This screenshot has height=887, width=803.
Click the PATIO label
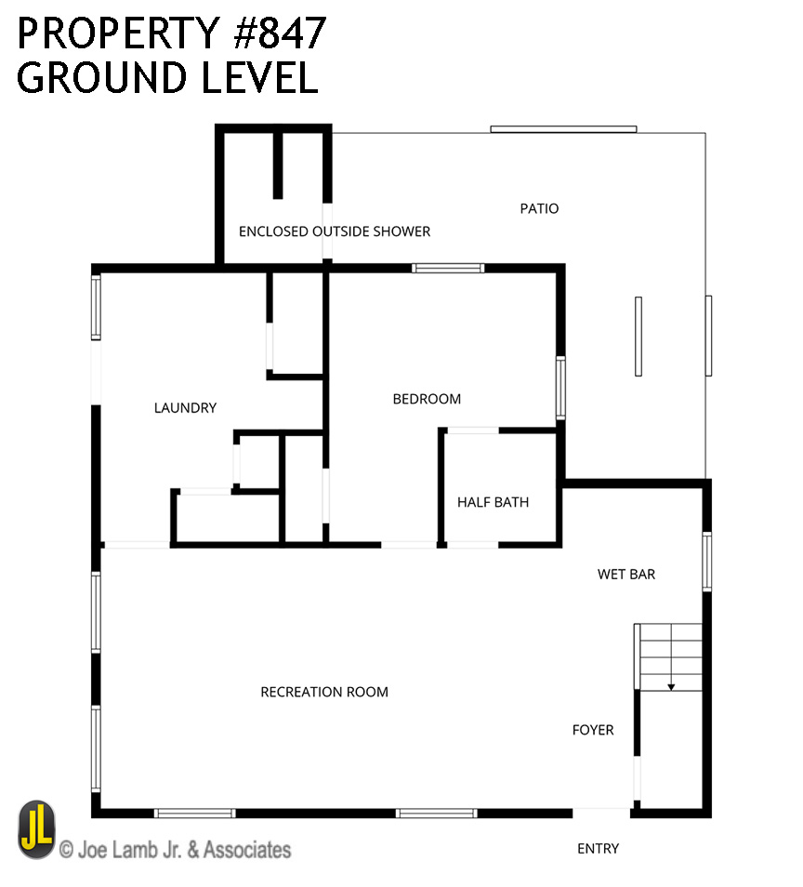pos(539,209)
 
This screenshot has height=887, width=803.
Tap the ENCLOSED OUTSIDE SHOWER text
pos(335,232)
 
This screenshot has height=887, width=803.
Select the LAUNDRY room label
pos(186,408)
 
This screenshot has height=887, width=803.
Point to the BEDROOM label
pos(427,399)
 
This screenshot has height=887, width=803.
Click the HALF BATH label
pos(494,502)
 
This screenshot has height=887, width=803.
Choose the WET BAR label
pos(626,575)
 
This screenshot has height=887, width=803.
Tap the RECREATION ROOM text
pos(324,692)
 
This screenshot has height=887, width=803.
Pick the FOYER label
pos(593,730)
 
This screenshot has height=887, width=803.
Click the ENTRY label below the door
pos(598,849)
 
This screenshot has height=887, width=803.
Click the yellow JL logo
pos(37,829)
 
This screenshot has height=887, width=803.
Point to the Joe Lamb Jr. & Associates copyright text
pos(176,850)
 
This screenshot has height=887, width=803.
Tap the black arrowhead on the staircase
pos(671,687)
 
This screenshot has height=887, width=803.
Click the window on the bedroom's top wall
pos(448,268)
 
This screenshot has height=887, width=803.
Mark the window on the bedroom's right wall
pos(560,388)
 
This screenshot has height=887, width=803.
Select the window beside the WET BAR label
pos(707,562)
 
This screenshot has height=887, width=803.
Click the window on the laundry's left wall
pos(96,307)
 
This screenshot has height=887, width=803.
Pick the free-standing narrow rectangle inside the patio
pos(638,336)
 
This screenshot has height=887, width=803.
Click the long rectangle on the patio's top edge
pos(563,129)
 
